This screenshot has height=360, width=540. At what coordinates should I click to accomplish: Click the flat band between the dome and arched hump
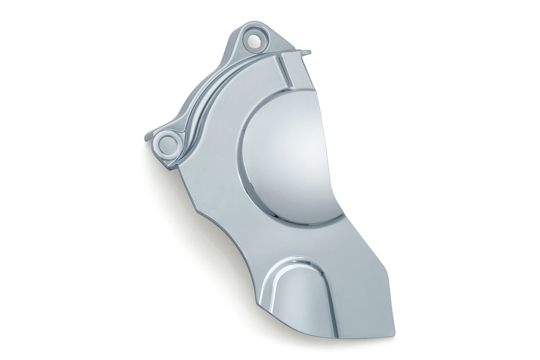304,236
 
